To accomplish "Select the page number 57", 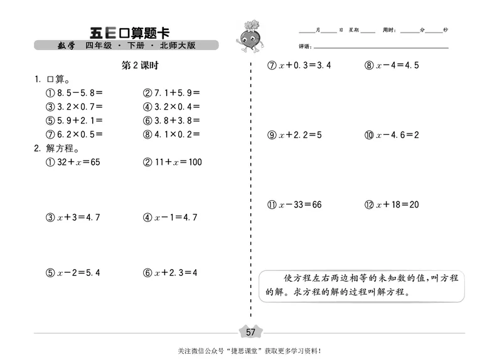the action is [250, 332].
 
